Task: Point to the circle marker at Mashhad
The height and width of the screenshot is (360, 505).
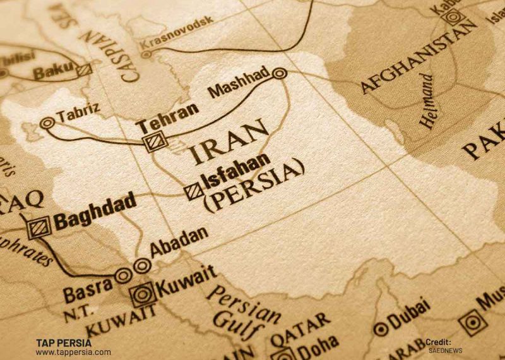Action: (280, 74)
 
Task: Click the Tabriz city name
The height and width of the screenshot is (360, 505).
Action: (78, 114)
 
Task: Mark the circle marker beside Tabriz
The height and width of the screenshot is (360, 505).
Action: (47, 124)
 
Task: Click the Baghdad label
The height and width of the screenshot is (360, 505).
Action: (95, 214)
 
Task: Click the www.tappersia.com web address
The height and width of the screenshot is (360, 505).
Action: (73, 352)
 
